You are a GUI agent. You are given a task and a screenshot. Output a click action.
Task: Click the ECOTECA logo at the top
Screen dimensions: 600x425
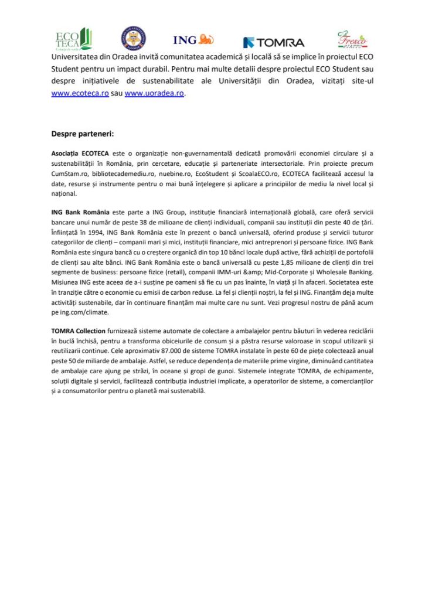pyautogui.click(x=73, y=39)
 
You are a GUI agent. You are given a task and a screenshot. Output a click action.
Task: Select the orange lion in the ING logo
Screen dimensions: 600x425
pyautogui.click(x=206, y=40)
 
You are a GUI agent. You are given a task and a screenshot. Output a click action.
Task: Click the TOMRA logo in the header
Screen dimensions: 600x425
pyautogui.click(x=274, y=42)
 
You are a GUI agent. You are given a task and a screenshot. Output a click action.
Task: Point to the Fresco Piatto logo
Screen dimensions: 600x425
pyautogui.click(x=352, y=39)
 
